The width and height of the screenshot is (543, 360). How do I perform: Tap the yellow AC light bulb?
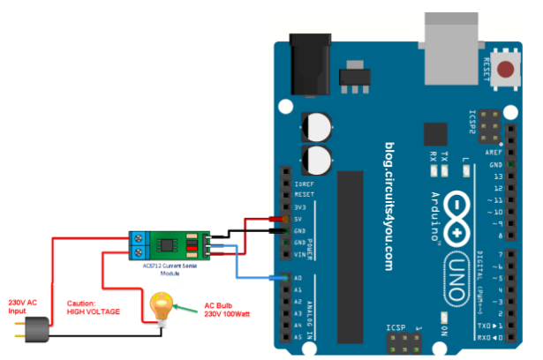tap(161, 308)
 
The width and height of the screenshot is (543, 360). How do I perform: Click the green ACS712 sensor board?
tap(173, 243)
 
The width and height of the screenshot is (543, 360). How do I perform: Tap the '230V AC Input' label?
tap(25, 304)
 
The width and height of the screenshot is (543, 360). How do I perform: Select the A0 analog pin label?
tap(298, 278)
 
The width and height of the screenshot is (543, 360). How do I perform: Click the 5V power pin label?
tap(299, 219)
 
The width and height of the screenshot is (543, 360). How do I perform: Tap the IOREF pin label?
tap(304, 183)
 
